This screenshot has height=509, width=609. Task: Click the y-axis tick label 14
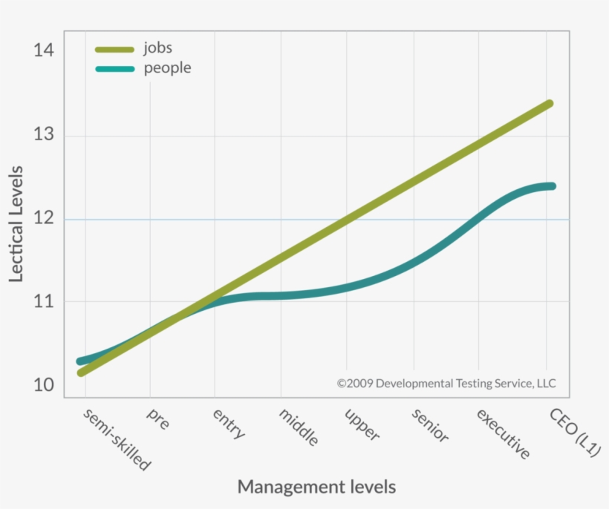point(44,51)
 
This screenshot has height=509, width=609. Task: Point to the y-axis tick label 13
point(44,136)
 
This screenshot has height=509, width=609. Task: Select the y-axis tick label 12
point(44,219)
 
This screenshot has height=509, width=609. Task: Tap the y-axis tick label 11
point(44,302)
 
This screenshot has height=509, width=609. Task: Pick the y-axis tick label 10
point(44,385)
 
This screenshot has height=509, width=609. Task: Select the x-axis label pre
point(158,418)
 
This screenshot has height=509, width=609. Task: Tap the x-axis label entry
point(229,424)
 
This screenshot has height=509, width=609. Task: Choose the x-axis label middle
point(299,427)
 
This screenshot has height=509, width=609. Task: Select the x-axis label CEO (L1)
point(575,432)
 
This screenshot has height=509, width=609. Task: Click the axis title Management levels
point(316,487)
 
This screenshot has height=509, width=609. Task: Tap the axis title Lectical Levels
point(16,223)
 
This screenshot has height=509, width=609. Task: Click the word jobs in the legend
point(157,48)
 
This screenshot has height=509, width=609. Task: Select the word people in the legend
point(167,68)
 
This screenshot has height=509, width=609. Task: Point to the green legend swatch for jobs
point(114,49)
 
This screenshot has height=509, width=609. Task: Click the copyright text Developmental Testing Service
point(457,384)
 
